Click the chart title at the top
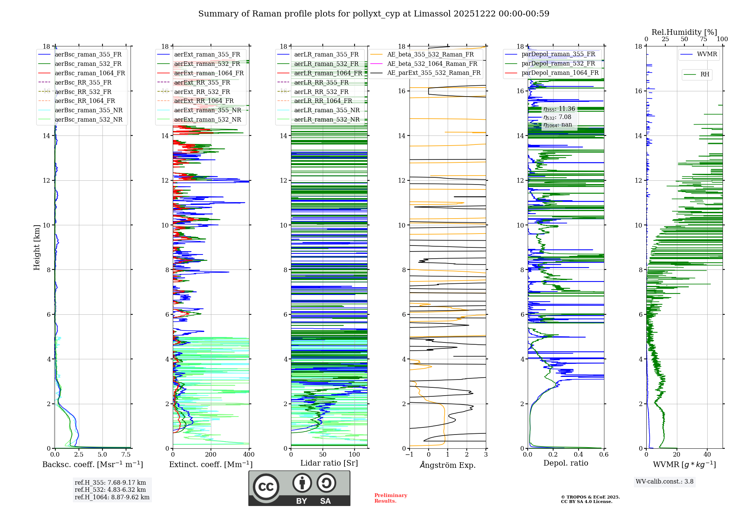click(x=374, y=14)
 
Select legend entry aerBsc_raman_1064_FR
click(x=90, y=73)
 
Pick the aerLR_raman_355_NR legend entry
click(x=327, y=110)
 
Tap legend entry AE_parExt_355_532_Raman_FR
click(x=433, y=73)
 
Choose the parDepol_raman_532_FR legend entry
click(x=558, y=63)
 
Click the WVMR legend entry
click(x=707, y=54)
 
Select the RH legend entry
click(x=705, y=74)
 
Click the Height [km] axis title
click(x=37, y=247)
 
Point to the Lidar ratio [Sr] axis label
click(x=329, y=463)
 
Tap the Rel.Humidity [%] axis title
click(x=684, y=32)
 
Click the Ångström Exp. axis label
click(x=448, y=465)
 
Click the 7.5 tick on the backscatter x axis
click(x=126, y=455)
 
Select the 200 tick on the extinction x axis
click(x=211, y=455)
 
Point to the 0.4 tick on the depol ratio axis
click(x=579, y=455)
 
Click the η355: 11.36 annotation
click(x=559, y=109)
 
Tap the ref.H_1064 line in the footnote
click(x=112, y=497)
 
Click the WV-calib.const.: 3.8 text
click(x=665, y=482)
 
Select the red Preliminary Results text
click(x=390, y=498)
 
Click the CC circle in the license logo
click(x=266, y=487)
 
